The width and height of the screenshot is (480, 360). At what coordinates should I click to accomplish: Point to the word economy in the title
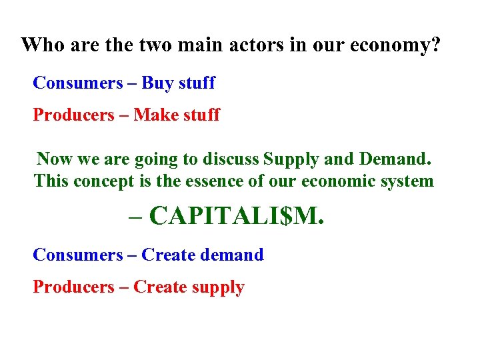point(393,47)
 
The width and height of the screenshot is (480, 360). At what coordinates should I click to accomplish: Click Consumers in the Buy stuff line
point(78,83)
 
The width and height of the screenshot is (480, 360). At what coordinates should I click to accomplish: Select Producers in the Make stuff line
point(74,115)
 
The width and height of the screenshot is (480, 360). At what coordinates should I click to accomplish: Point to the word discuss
point(231,159)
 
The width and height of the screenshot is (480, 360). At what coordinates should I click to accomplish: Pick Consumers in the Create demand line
point(78,255)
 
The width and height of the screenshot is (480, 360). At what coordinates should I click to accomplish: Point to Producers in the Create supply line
point(74,287)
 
